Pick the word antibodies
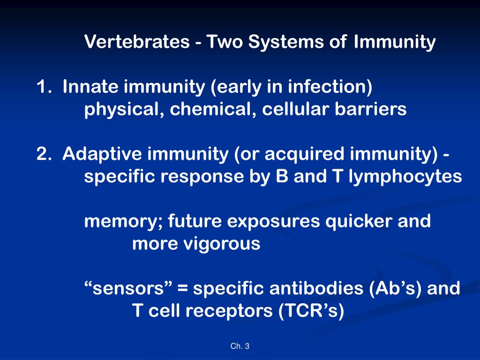pos(316,288)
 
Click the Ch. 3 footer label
pos(240,346)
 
